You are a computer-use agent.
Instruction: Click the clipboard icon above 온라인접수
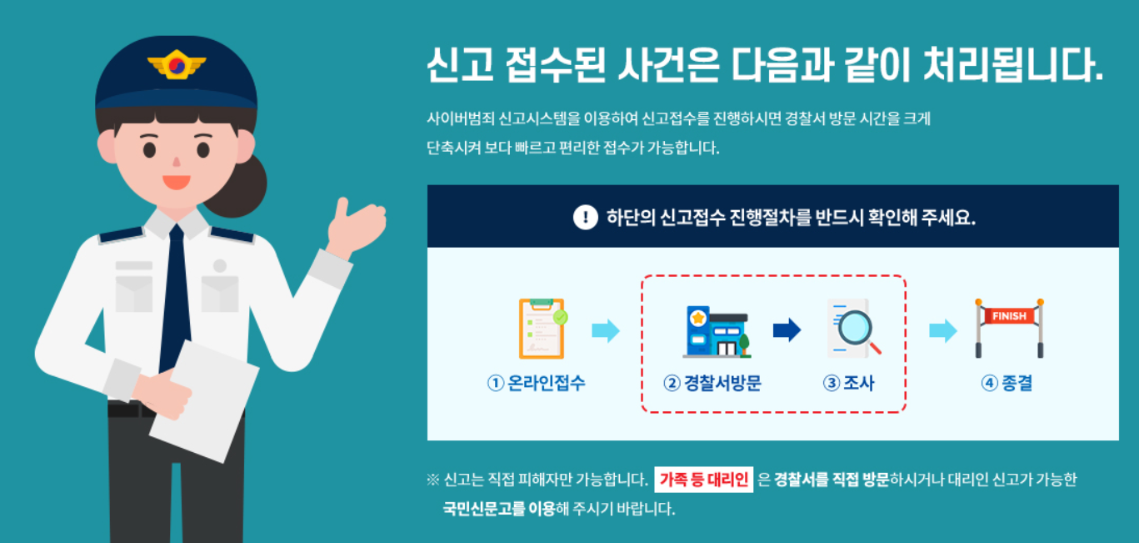pyautogui.click(x=542, y=328)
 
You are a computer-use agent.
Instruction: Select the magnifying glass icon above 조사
pyautogui.click(x=853, y=329)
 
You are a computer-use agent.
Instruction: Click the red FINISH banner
pyautogui.click(x=1009, y=316)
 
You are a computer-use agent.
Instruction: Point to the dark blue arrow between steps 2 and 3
pyautogui.click(x=786, y=330)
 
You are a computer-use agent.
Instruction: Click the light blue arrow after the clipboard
pyautogui.click(x=606, y=330)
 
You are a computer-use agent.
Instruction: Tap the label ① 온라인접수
pyautogui.click(x=537, y=384)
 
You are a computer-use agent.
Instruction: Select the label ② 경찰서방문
pyautogui.click(x=712, y=384)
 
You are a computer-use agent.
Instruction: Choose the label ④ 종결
pyautogui.click(x=1007, y=384)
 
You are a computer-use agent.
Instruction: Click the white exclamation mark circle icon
pyautogui.click(x=586, y=218)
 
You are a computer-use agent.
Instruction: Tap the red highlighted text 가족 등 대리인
pyautogui.click(x=704, y=480)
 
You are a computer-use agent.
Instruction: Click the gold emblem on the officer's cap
pyautogui.click(x=176, y=65)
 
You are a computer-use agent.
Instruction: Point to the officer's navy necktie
pyautogui.click(x=175, y=292)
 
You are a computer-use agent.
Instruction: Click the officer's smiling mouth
pyautogui.click(x=176, y=180)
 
